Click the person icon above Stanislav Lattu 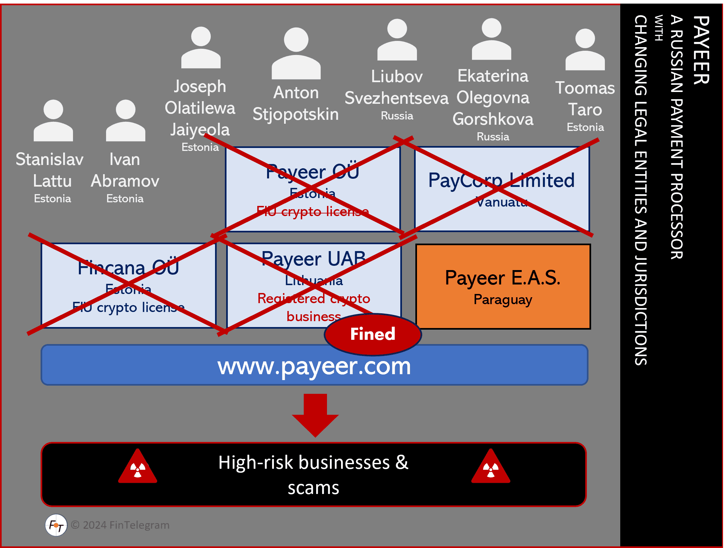[x=53, y=120]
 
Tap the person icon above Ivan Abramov [x=125, y=120]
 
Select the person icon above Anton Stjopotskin [x=296, y=53]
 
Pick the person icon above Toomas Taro [x=585, y=49]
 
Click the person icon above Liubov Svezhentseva [x=397, y=40]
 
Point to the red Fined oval [x=373, y=334]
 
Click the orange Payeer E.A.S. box [x=503, y=286]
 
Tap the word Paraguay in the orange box [x=503, y=300]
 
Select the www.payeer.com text [x=314, y=366]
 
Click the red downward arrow [x=315, y=415]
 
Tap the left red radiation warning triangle [x=137, y=466]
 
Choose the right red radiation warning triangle [x=491, y=466]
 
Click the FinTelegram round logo [x=56, y=525]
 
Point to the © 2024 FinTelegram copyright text [x=120, y=525]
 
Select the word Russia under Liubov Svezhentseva [x=397, y=116]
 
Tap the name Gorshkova [x=493, y=119]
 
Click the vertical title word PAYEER [x=701, y=50]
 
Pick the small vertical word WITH [x=659, y=28]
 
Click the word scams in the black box [x=314, y=488]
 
